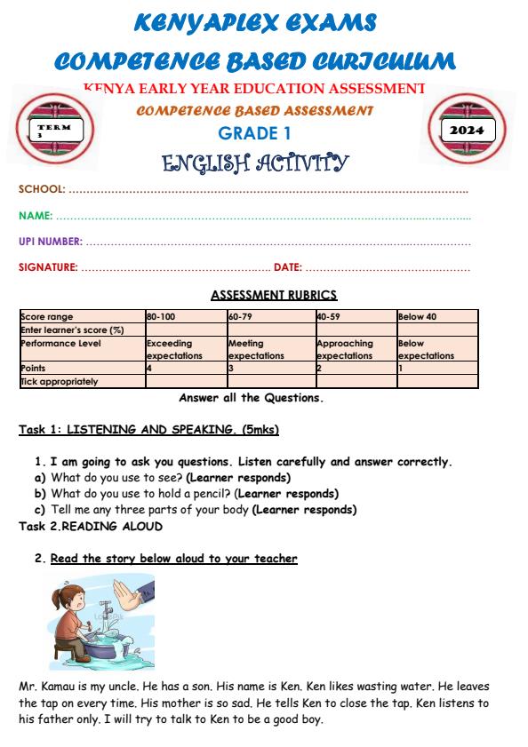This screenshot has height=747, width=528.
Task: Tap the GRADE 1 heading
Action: click(x=255, y=134)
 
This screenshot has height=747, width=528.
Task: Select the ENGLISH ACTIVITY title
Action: click(x=255, y=163)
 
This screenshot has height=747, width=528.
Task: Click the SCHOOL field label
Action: click(x=42, y=189)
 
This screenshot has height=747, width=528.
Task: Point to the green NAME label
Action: click(x=36, y=216)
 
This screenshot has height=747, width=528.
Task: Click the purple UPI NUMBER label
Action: click(x=51, y=242)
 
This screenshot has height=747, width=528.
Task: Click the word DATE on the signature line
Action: click(x=287, y=267)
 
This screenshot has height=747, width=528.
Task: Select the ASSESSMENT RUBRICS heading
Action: click(x=274, y=296)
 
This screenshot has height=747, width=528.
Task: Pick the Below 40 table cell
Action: click(x=417, y=317)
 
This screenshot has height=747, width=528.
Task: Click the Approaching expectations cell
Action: click(x=345, y=349)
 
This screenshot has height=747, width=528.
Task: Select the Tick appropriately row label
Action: click(x=60, y=382)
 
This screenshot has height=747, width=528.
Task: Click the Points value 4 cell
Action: click(x=149, y=368)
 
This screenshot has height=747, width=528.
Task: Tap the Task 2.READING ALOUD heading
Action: click(x=91, y=527)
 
